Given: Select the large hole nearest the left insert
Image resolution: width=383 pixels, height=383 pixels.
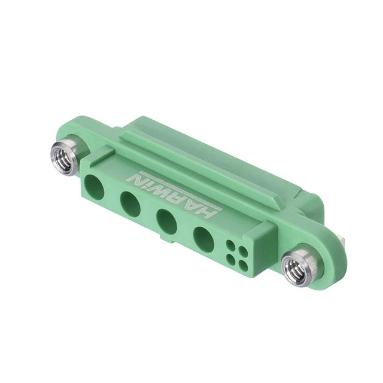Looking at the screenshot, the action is (x=94, y=187).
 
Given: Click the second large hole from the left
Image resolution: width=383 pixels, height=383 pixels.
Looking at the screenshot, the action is (x=130, y=205).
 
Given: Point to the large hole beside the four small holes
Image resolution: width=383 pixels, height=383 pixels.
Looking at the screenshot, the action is (x=203, y=239).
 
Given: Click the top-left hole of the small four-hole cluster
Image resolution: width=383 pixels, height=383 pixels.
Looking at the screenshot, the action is (x=230, y=245).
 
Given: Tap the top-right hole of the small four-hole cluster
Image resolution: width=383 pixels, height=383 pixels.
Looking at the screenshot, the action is (x=242, y=251).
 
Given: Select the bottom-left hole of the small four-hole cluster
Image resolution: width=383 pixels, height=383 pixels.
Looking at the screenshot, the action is (x=230, y=259).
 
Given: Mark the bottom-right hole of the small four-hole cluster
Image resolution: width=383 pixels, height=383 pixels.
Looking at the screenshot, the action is (x=243, y=265).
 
